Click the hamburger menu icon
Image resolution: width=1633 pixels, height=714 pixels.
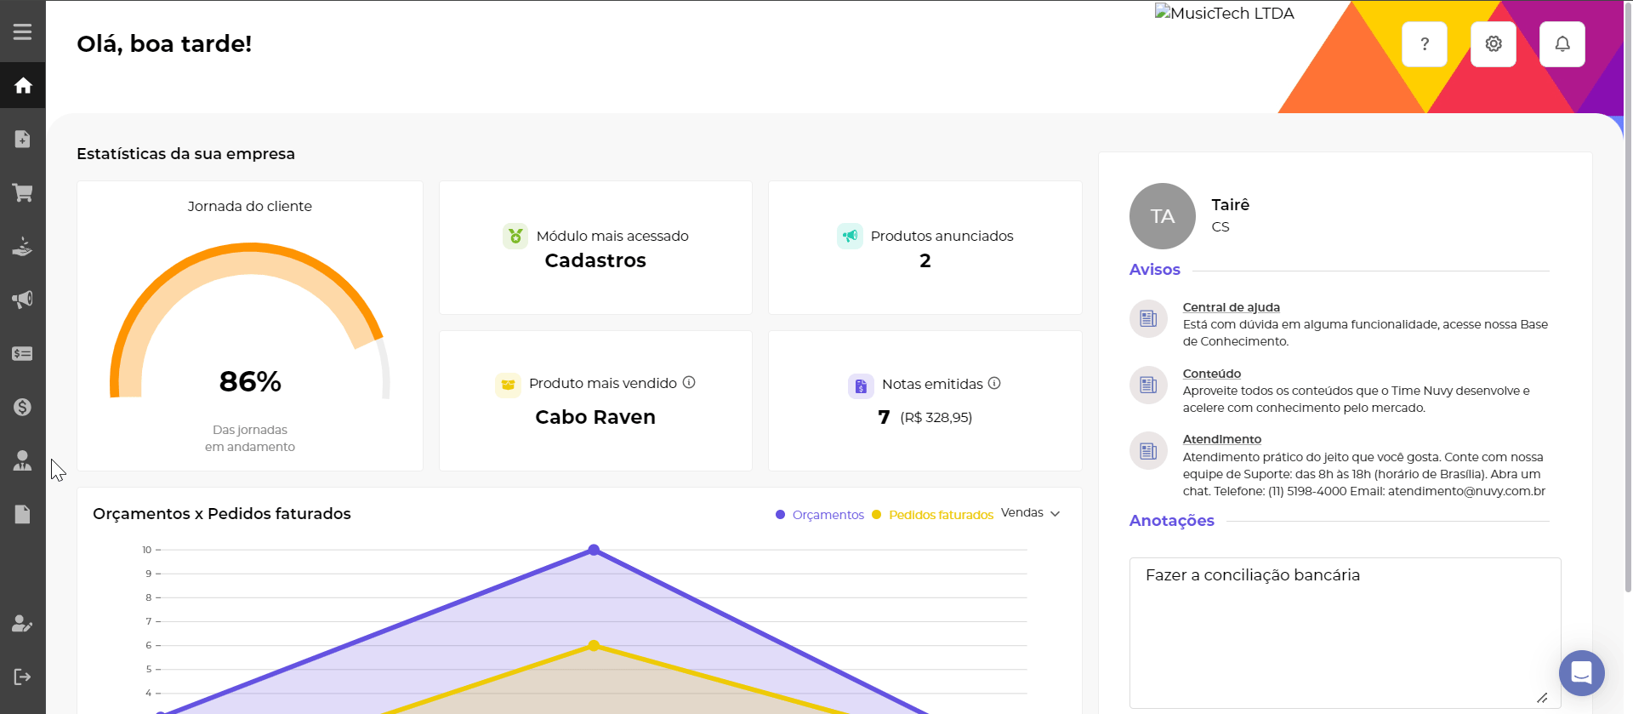pyautogui.click(x=23, y=31)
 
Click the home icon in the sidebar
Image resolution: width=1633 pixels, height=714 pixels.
pyautogui.click(x=23, y=85)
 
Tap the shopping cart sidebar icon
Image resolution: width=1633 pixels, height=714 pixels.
pyautogui.click(x=23, y=192)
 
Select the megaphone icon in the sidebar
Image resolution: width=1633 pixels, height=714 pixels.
pyautogui.click(x=23, y=300)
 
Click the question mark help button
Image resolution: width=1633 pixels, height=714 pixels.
pyautogui.click(x=1425, y=44)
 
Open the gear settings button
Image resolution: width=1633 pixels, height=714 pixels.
pyautogui.click(x=1494, y=44)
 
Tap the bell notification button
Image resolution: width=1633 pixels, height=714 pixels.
pyautogui.click(x=1562, y=44)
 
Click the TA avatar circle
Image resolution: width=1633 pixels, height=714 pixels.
pyautogui.click(x=1163, y=216)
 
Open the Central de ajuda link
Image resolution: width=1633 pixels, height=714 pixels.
pyautogui.click(x=1231, y=307)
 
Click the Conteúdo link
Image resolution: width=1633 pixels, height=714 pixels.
pyautogui.click(x=1211, y=374)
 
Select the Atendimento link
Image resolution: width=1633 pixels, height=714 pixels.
pyautogui.click(x=1221, y=439)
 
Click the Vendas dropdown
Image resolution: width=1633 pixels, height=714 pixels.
pyautogui.click(x=1030, y=513)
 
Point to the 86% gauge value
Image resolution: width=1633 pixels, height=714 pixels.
pyautogui.click(x=250, y=381)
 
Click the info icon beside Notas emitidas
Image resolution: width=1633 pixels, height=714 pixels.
pyautogui.click(x=994, y=383)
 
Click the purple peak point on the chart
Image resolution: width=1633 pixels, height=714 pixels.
pyautogui.click(x=595, y=550)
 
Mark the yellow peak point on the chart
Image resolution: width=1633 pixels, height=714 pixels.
pyautogui.click(x=595, y=645)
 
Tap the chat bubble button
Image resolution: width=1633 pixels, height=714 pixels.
pyautogui.click(x=1581, y=673)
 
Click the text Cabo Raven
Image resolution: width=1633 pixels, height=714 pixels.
pyautogui.click(x=595, y=417)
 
